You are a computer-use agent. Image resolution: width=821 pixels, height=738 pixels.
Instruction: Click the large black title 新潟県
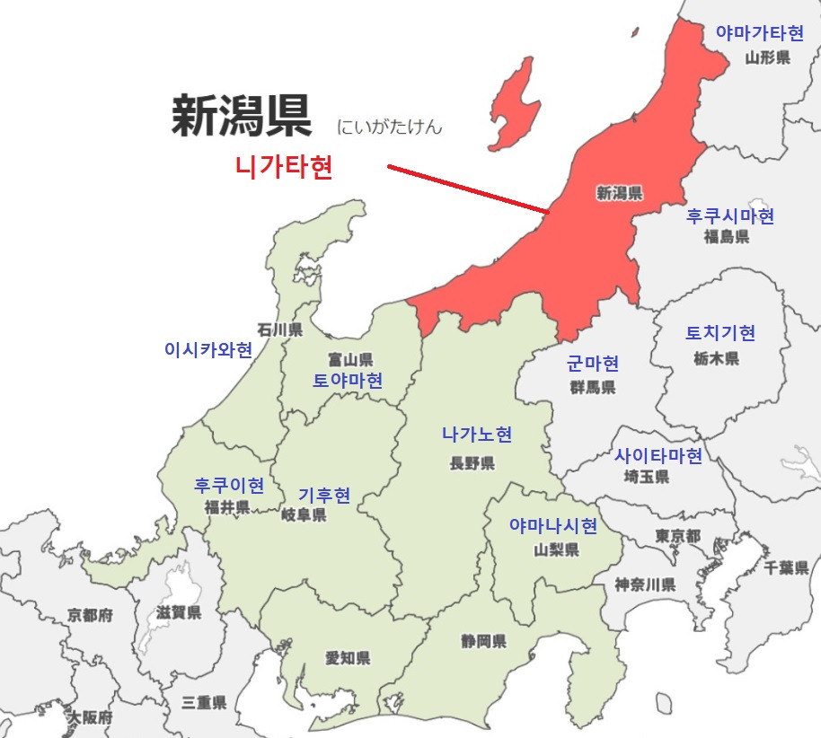click(x=242, y=117)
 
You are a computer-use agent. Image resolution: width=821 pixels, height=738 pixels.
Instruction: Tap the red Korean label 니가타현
click(x=284, y=168)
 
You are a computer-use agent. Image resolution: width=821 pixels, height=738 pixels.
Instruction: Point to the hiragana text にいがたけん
click(x=390, y=127)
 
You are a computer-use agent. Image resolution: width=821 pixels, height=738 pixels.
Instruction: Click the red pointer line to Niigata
click(x=467, y=189)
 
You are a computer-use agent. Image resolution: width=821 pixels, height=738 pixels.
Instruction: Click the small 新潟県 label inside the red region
click(x=619, y=192)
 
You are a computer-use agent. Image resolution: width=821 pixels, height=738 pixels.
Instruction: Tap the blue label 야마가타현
click(x=759, y=33)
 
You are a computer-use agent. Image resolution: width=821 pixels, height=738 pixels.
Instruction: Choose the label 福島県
click(x=727, y=237)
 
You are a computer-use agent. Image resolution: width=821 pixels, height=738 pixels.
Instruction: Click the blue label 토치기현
click(x=720, y=333)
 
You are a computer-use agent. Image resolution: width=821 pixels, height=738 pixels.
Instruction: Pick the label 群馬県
click(x=593, y=387)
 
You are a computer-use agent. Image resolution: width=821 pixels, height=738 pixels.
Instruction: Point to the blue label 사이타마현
click(x=658, y=456)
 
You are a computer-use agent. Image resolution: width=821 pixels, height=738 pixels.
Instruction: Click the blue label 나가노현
click(x=477, y=435)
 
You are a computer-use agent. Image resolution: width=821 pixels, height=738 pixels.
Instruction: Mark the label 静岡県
click(x=483, y=641)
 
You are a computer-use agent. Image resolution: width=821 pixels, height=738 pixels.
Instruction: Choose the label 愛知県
click(x=348, y=658)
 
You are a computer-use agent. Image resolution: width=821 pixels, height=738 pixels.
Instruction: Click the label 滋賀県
click(x=179, y=613)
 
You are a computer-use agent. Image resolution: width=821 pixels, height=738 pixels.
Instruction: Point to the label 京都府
click(x=90, y=616)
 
